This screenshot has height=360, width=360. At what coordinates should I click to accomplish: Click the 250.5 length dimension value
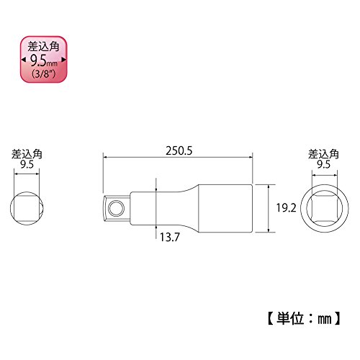(179, 151)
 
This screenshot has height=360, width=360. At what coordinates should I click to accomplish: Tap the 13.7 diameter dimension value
(170, 237)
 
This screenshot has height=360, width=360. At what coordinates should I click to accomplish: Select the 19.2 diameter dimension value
(286, 208)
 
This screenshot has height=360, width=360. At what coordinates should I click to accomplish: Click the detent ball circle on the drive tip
(116, 208)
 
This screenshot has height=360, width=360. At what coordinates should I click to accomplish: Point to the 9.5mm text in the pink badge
(44, 60)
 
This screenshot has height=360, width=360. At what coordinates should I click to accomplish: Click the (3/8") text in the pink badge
(43, 73)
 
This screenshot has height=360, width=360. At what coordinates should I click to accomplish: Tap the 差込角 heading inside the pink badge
(43, 46)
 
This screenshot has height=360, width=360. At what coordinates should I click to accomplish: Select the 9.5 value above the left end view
(27, 165)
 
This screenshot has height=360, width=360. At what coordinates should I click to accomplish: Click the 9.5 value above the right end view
(324, 165)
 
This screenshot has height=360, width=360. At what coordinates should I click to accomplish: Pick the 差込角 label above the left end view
(27, 154)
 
